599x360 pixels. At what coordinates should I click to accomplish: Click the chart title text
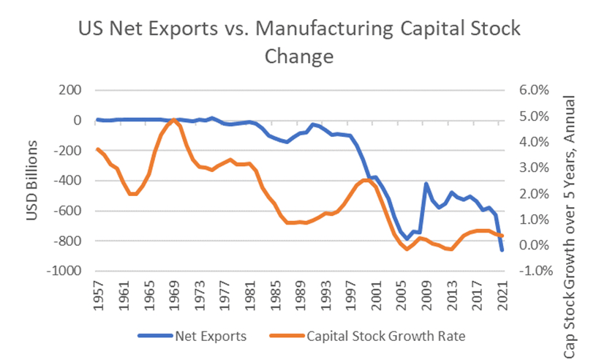pyautogui.click(x=299, y=42)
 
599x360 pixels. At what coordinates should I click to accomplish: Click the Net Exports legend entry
pyautogui.click(x=207, y=336)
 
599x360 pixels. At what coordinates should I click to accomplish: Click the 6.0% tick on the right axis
pyautogui.click(x=532, y=91)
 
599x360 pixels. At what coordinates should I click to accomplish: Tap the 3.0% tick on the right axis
pyautogui.click(x=532, y=168)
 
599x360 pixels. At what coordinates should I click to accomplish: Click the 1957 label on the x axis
pyautogui.click(x=98, y=296)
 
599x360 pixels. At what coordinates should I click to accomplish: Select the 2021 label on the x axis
pyautogui.click(x=502, y=296)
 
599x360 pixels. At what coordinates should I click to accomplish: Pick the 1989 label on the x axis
pyautogui.click(x=300, y=296)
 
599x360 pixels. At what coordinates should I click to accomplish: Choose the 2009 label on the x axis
pyautogui.click(x=426, y=296)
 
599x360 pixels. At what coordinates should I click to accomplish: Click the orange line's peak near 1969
pyautogui.click(x=174, y=119)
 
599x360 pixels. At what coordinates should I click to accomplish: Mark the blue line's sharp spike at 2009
pyautogui.click(x=426, y=184)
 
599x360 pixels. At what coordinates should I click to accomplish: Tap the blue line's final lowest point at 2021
pyautogui.click(x=502, y=250)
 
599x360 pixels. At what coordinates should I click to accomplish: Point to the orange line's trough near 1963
pyautogui.click(x=132, y=194)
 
